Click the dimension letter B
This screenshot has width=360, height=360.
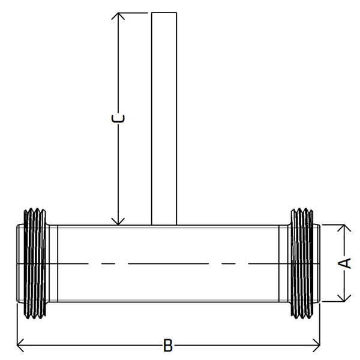169,346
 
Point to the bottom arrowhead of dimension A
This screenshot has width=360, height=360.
344,298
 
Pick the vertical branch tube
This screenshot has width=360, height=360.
164,120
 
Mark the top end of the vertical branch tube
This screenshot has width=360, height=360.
164,13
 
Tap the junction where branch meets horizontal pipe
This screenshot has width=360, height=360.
164,225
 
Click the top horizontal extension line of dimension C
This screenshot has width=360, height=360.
135,13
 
